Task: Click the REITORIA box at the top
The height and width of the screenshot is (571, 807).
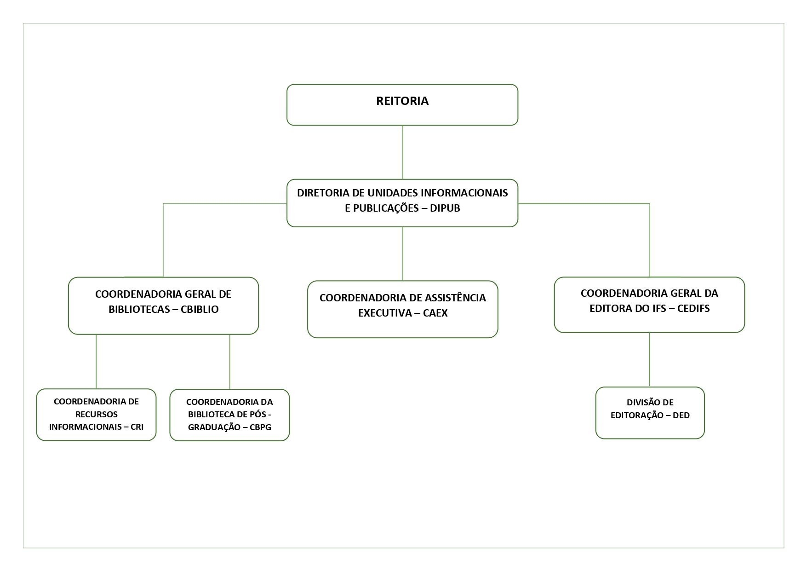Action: click(402, 104)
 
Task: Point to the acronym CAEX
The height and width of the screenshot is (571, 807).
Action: click(435, 313)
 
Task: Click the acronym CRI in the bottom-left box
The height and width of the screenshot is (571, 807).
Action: click(137, 427)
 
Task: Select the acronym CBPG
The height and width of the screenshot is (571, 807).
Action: click(260, 427)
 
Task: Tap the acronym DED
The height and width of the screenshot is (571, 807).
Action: click(681, 415)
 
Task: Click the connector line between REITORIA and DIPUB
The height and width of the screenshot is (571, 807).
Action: click(403, 152)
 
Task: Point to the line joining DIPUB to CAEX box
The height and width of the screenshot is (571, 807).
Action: click(403, 253)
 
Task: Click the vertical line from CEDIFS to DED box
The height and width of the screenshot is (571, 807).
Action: click(650, 359)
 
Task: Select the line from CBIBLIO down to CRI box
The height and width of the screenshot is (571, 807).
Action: click(96, 361)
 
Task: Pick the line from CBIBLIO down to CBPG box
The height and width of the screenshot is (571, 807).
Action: click(230, 361)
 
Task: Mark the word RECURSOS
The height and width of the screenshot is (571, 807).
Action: click(96, 414)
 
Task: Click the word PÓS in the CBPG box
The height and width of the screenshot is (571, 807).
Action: click(258, 414)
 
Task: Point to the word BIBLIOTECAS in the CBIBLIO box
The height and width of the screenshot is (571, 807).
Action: click(139, 309)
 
